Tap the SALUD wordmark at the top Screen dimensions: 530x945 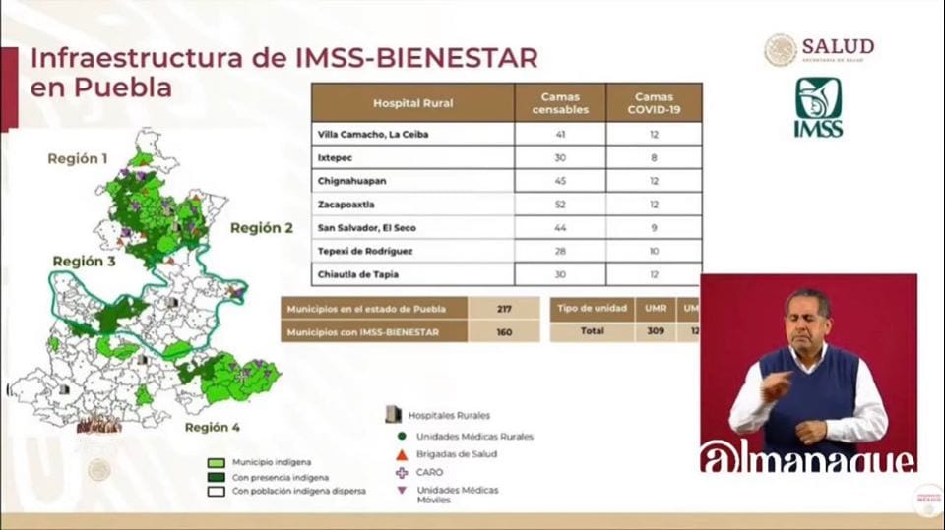click(x=837, y=46)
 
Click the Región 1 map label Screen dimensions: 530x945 click(x=78, y=158)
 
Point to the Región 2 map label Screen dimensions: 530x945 click(x=262, y=228)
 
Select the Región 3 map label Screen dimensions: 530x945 click(x=85, y=262)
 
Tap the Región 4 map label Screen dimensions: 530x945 click(x=212, y=428)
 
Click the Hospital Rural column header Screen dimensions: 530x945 click(x=412, y=103)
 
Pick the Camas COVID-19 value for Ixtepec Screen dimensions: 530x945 click(x=653, y=157)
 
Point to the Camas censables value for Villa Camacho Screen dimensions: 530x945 click(x=559, y=134)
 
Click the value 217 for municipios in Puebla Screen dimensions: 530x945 click(x=505, y=309)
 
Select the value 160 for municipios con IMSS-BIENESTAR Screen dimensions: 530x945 click(x=505, y=332)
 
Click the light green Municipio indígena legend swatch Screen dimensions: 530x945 click(x=217, y=462)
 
